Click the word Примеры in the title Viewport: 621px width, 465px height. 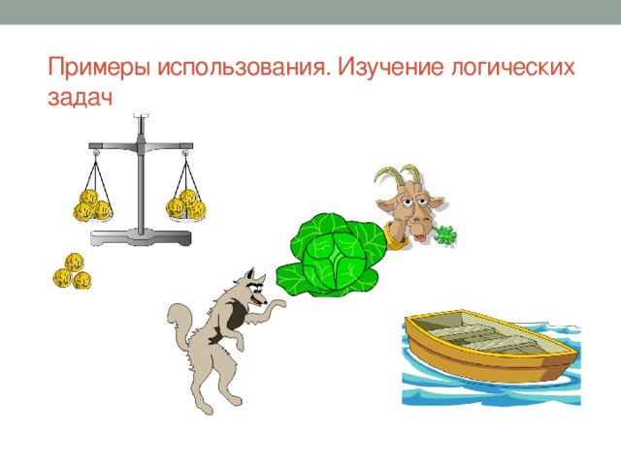click(91, 69)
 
